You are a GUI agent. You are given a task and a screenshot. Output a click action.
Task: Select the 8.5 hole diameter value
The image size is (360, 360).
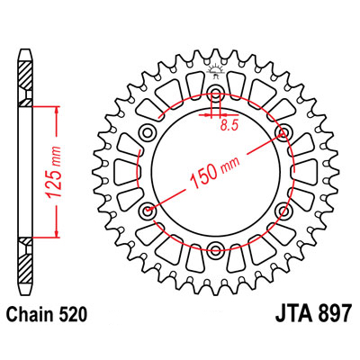(229, 125)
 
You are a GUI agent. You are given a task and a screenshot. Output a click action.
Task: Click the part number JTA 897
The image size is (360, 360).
(313, 314)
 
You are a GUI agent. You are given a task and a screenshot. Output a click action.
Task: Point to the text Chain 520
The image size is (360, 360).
(47, 314)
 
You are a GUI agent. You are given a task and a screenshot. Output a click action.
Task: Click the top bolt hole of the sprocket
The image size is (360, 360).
(215, 92)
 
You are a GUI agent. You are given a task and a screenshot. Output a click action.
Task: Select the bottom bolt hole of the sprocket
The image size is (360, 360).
(215, 248)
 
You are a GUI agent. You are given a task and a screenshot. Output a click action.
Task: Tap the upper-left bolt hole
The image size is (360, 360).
(148, 131)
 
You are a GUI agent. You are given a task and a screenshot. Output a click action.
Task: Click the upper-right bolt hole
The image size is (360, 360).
(283, 131)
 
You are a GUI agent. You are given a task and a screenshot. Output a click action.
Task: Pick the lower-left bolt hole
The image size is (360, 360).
(148, 210)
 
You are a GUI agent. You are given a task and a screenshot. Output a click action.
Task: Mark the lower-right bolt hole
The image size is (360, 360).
(283, 210)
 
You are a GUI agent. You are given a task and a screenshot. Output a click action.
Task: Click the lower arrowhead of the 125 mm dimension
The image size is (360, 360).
(57, 233)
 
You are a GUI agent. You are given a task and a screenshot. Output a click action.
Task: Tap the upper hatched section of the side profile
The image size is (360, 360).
(25, 84)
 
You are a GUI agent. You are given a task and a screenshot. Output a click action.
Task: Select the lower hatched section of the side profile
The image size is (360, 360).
(25, 261)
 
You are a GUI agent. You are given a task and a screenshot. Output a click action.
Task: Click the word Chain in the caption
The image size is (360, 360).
(28, 314)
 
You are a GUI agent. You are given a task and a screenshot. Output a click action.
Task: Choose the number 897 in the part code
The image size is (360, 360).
(334, 314)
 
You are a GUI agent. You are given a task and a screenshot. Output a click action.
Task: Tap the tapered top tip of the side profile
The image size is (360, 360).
(25, 56)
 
